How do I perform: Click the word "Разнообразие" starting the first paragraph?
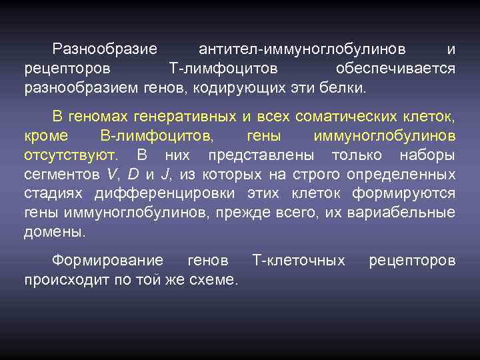[x=105, y=49]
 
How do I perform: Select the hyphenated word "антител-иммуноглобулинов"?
[x=301, y=49]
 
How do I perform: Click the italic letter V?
[x=110, y=175]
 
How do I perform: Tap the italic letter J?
[x=163, y=175]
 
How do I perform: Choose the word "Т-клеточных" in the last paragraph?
[x=300, y=260]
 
